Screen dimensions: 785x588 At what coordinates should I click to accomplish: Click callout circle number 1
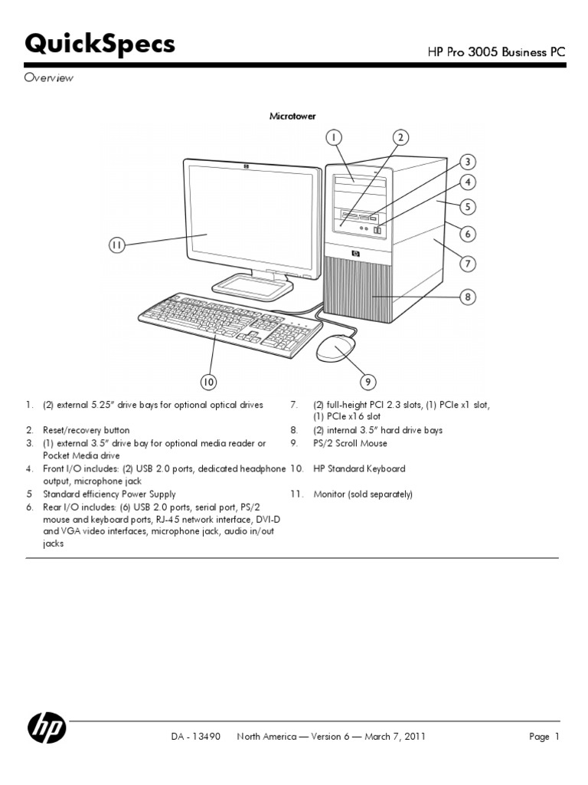[333, 138]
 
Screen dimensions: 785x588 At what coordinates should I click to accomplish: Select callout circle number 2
[400, 138]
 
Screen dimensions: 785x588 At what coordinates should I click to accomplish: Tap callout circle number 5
[468, 206]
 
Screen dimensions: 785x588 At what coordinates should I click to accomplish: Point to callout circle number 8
[468, 297]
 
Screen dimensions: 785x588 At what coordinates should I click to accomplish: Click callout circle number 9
[368, 381]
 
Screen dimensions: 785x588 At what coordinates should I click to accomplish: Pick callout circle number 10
[208, 381]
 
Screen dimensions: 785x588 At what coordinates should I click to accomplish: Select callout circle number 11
[116, 245]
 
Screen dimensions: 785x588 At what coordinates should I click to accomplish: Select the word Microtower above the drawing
[292, 116]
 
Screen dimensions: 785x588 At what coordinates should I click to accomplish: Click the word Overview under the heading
[49, 78]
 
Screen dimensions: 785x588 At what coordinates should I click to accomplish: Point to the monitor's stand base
[253, 285]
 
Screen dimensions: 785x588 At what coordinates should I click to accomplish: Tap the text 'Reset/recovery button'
[86, 431]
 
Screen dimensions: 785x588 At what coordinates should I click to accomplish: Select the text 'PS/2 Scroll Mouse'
[350, 443]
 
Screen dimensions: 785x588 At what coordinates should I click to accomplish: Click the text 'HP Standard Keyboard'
[359, 468]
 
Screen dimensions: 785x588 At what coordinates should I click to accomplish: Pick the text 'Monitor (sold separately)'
[363, 494]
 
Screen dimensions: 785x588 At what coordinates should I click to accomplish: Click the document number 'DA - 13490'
[196, 737]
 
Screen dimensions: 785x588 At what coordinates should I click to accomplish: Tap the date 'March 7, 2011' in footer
[394, 737]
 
